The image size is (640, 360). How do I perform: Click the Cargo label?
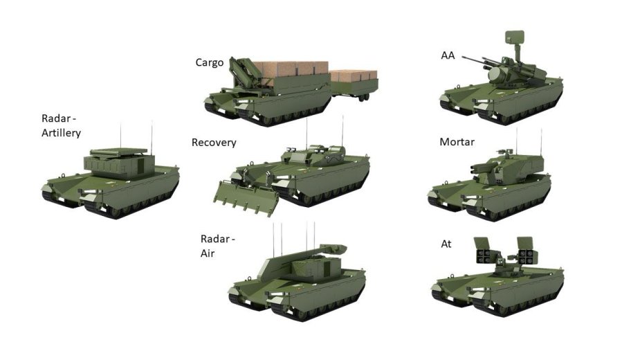pyautogui.click(x=210, y=62)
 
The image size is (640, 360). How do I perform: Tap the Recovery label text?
pyautogui.click(x=214, y=143)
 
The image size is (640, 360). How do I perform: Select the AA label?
pyautogui.click(x=448, y=55)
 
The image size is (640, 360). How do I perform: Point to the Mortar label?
pyautogui.click(x=457, y=142)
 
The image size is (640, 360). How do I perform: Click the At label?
pyautogui.click(x=446, y=244)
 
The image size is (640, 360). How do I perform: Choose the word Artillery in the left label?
pyautogui.click(x=61, y=133)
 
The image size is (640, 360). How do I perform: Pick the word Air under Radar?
pyautogui.click(x=208, y=253)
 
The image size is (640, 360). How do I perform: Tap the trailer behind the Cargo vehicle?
pyautogui.click(x=354, y=84)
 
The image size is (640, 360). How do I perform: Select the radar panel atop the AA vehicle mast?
pyautogui.click(x=514, y=37)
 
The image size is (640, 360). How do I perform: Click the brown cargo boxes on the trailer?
pyautogui.click(x=354, y=76)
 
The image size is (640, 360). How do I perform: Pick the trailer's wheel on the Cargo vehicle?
pyautogui.click(x=366, y=98)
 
